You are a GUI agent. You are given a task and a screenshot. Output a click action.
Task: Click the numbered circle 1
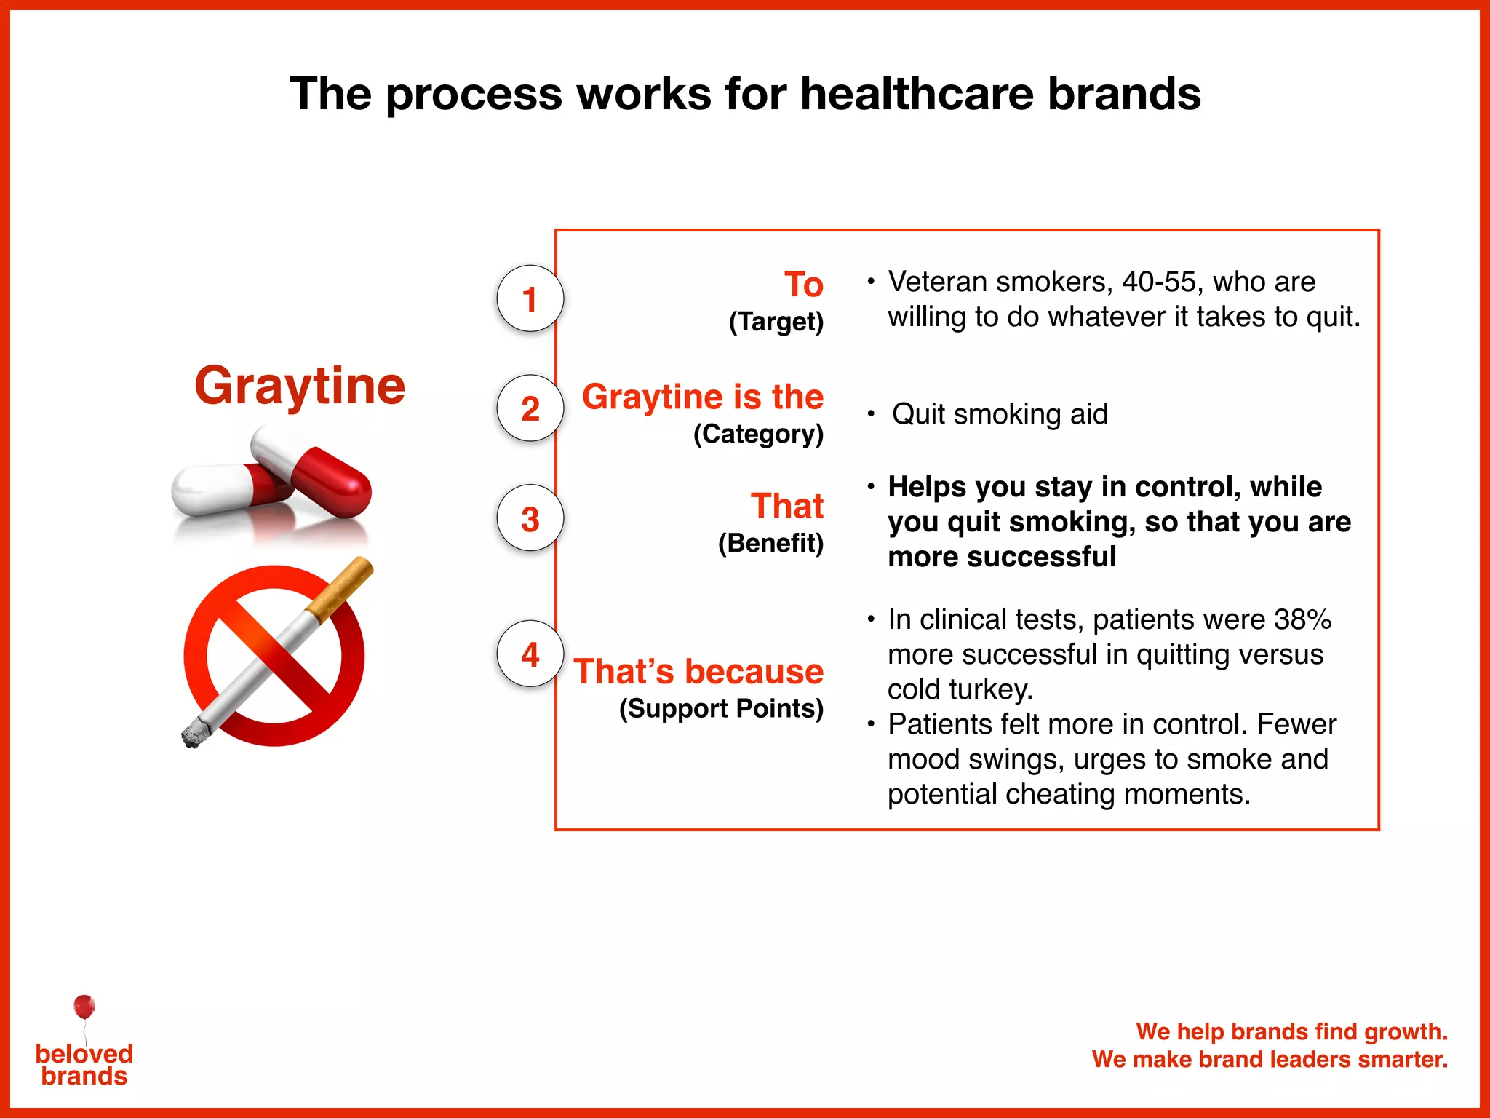click(530, 298)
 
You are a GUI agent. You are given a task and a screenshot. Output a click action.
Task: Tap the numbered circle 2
click(530, 408)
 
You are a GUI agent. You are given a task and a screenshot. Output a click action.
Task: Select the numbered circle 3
click(530, 518)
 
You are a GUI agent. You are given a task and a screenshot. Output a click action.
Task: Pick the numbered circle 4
click(530, 654)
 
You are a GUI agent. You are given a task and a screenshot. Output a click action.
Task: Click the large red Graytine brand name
click(300, 386)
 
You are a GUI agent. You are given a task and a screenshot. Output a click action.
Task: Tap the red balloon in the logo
click(84, 1007)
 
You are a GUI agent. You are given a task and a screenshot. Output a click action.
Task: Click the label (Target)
click(776, 322)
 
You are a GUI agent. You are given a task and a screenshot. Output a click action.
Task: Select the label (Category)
click(758, 434)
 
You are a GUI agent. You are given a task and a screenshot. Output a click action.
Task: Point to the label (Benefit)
click(770, 543)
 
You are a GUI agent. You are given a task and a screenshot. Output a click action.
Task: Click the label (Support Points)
click(721, 708)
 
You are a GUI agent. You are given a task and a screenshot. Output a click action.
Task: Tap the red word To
click(803, 284)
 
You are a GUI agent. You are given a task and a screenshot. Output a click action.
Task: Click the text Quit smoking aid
click(1000, 414)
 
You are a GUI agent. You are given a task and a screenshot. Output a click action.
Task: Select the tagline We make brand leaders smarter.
click(1270, 1059)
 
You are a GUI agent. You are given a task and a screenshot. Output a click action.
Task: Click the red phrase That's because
click(698, 671)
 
